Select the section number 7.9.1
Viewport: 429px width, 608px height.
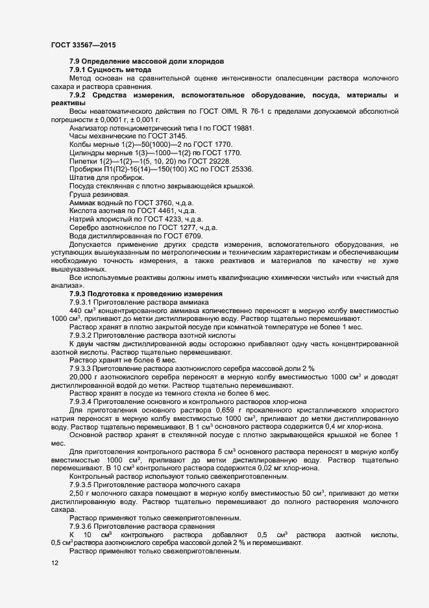(x=80, y=70)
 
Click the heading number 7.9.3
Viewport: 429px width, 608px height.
(x=80, y=294)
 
